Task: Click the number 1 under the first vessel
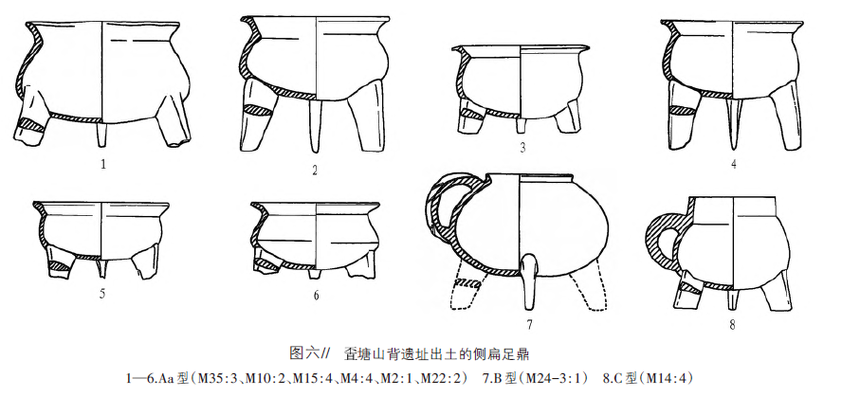[x=101, y=162]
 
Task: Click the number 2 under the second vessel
[x=313, y=171]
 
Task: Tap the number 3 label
[x=522, y=147]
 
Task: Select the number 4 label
[x=732, y=162]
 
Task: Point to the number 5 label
[x=101, y=293]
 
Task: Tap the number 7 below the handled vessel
[x=529, y=324]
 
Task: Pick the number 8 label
[x=732, y=325]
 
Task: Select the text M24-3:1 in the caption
[x=552, y=379]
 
